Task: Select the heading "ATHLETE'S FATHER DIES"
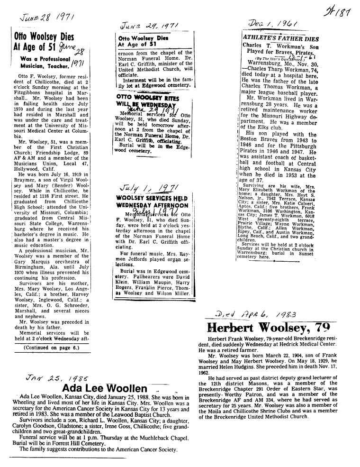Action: point(281,38)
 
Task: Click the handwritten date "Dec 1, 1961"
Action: point(272,24)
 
